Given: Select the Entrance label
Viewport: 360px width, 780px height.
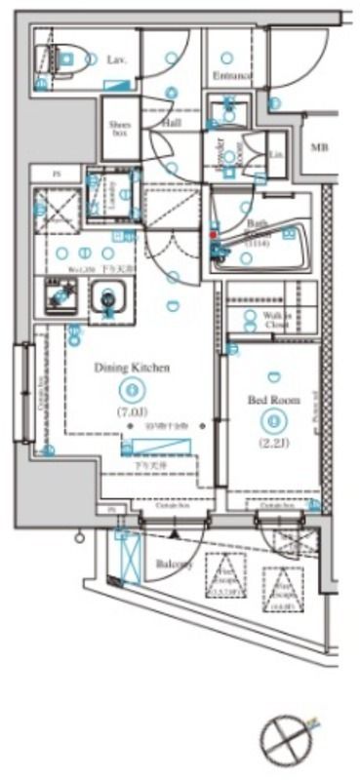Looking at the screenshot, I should [x=231, y=75].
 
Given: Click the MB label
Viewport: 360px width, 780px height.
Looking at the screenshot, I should [x=319, y=147].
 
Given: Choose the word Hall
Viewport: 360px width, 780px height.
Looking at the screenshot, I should [x=172, y=124].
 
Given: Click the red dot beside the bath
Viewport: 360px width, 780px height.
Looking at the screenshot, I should [x=214, y=235].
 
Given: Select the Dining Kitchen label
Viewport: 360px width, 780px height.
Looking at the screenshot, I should [x=133, y=368].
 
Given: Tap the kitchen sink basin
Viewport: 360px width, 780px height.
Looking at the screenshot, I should [x=105, y=297].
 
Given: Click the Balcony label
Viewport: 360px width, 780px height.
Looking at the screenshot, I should [x=174, y=565].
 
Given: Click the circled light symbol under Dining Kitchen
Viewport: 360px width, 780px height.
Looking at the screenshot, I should [x=133, y=391].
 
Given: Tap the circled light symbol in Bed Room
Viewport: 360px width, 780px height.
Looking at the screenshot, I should [x=274, y=421].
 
